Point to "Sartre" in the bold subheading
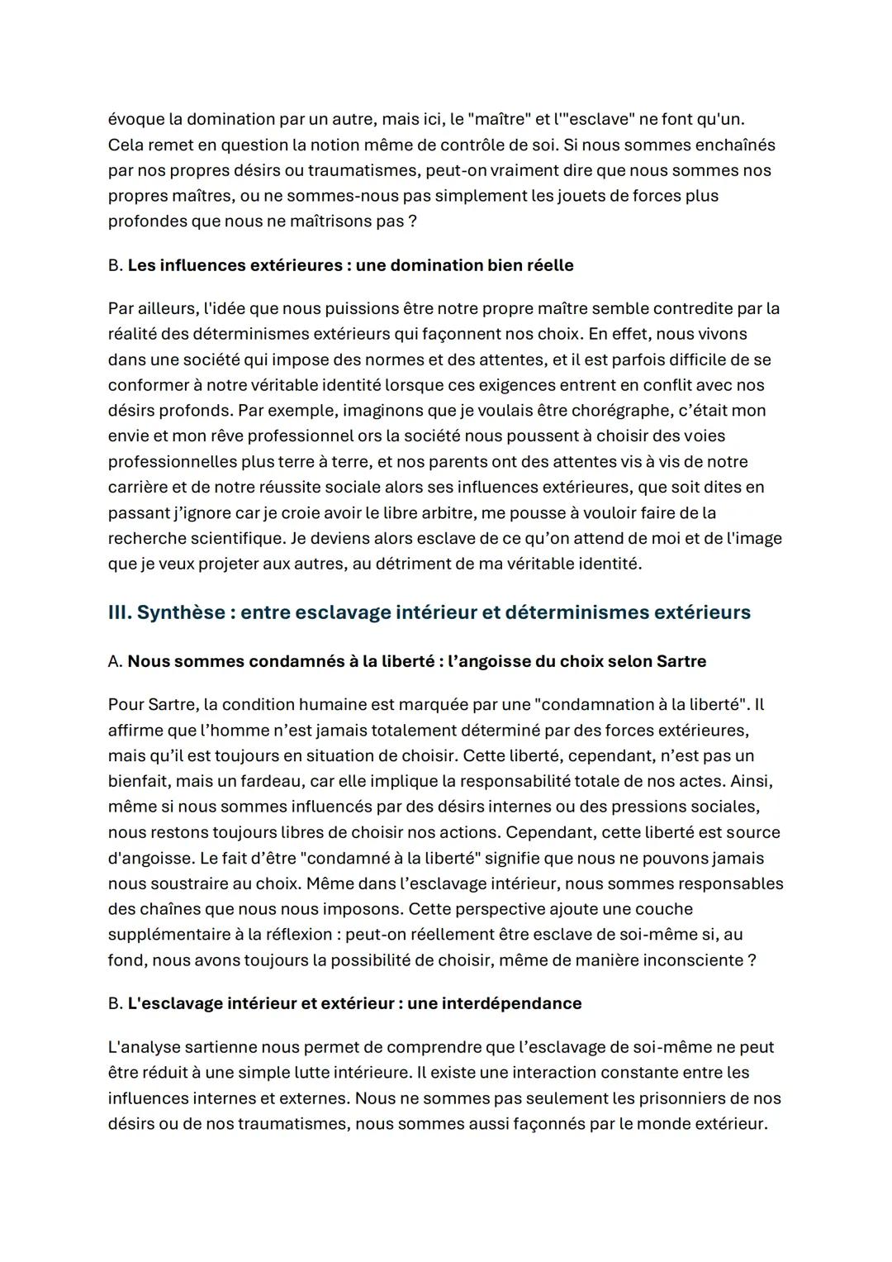coord(681,661)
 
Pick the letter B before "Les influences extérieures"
coord(115,265)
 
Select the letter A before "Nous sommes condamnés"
coord(115,661)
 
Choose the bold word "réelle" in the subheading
coord(548,265)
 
